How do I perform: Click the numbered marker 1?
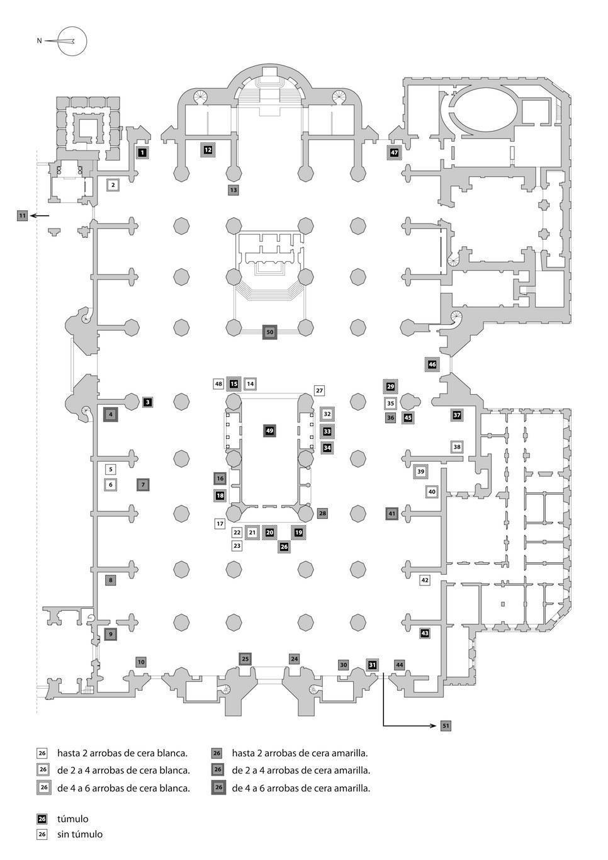pos(142,153)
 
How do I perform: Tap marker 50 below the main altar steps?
pos(270,332)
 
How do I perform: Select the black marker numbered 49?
pos(269,431)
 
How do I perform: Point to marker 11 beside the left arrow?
pos(23,216)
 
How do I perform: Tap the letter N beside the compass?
pos(39,40)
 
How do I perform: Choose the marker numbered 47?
pos(394,153)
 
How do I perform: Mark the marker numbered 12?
pos(208,150)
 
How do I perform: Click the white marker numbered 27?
pos(319,391)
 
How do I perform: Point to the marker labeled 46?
pos(432,365)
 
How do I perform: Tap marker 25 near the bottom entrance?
pos(245,659)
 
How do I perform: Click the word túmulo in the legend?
pos(73,818)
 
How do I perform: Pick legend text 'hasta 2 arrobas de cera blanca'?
pos(123,753)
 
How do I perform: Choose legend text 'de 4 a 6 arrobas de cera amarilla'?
pos(301,789)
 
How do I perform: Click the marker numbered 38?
pos(457,447)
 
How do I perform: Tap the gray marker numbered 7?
pos(143,485)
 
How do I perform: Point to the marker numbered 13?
pos(234,190)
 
